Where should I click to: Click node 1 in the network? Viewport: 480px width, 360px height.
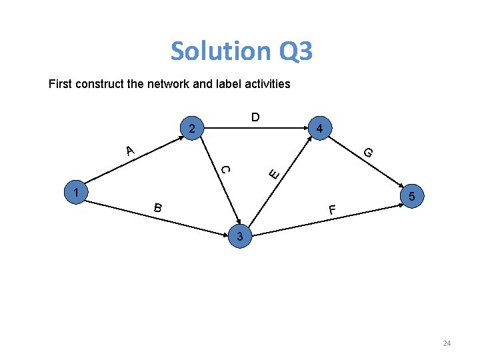(x=77, y=193)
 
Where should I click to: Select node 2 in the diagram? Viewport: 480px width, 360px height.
(x=191, y=128)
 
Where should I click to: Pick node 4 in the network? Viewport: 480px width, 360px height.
(x=320, y=128)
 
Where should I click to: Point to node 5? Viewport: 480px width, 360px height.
(x=413, y=197)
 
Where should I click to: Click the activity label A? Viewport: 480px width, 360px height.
(x=130, y=151)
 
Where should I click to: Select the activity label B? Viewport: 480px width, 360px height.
(x=157, y=207)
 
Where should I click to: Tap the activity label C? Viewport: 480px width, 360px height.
(x=226, y=169)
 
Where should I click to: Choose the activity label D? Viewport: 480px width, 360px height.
(x=255, y=118)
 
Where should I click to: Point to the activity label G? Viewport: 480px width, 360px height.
(x=367, y=153)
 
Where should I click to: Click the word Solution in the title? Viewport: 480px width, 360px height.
(x=218, y=51)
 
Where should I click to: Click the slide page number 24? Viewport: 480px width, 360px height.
(x=447, y=343)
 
